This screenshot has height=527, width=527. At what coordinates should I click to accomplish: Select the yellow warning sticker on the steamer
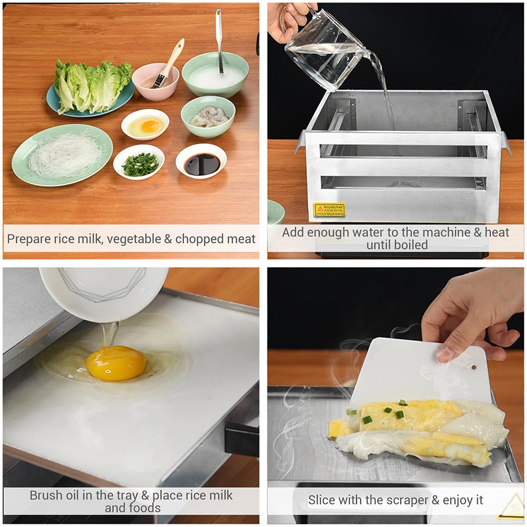(329, 210)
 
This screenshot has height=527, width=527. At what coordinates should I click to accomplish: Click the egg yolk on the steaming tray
(116, 363)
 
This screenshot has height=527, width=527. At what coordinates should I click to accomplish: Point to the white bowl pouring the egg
(103, 292)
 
